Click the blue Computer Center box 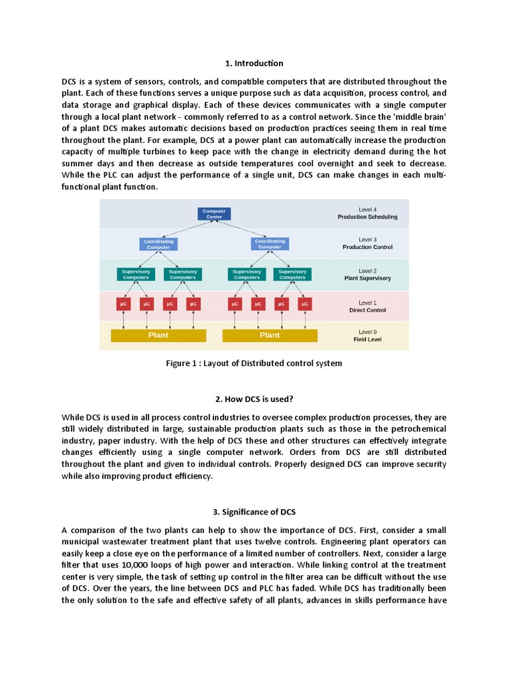click(x=214, y=214)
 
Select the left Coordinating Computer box click(x=158, y=244)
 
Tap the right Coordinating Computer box click(x=270, y=244)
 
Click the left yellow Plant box click(x=158, y=335)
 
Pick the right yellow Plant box click(x=270, y=335)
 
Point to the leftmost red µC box click(x=123, y=304)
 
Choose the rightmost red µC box click(x=304, y=304)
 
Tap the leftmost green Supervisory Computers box click(x=136, y=274)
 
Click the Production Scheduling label click(x=367, y=217)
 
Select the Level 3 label click(x=367, y=239)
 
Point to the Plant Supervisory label click(x=367, y=279)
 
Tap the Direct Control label click(x=367, y=310)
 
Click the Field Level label click(x=367, y=340)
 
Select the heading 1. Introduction click(x=254, y=64)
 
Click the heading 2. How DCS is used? click(x=254, y=399)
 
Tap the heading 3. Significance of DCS click(x=254, y=512)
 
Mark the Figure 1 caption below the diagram click(x=254, y=363)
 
